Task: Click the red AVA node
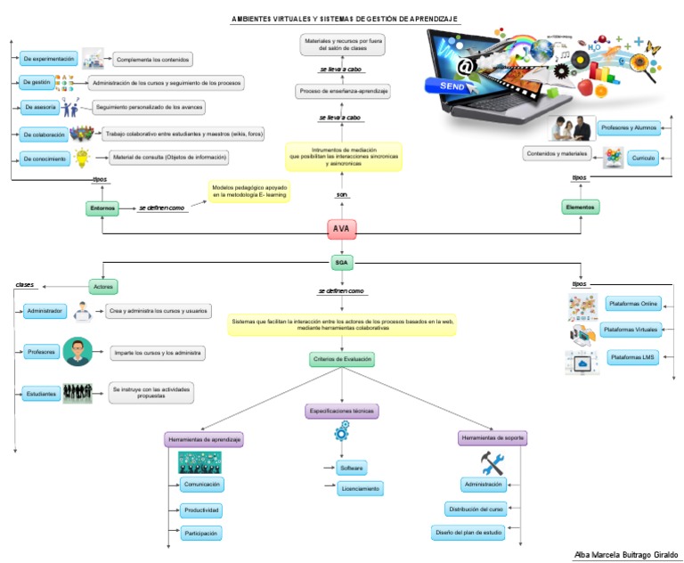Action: (x=341, y=229)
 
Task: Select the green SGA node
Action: (x=341, y=263)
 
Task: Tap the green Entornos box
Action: (x=102, y=208)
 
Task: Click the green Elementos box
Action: (x=581, y=207)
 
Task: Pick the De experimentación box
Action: (x=49, y=59)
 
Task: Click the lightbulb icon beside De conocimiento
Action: (x=82, y=159)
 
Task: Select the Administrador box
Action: (x=45, y=311)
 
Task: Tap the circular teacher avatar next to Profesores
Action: (x=77, y=352)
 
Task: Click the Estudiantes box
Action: (x=41, y=393)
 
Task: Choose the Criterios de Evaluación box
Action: (x=342, y=360)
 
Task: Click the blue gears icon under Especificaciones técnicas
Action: (x=342, y=434)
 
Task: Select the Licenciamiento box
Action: (x=360, y=488)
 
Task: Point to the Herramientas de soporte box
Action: (x=493, y=438)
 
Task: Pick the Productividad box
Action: (x=201, y=510)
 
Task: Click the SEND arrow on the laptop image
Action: (x=455, y=85)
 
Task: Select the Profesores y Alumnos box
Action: (x=628, y=127)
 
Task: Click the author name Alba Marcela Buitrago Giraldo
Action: (x=624, y=553)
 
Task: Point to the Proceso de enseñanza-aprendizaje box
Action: (x=342, y=91)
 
